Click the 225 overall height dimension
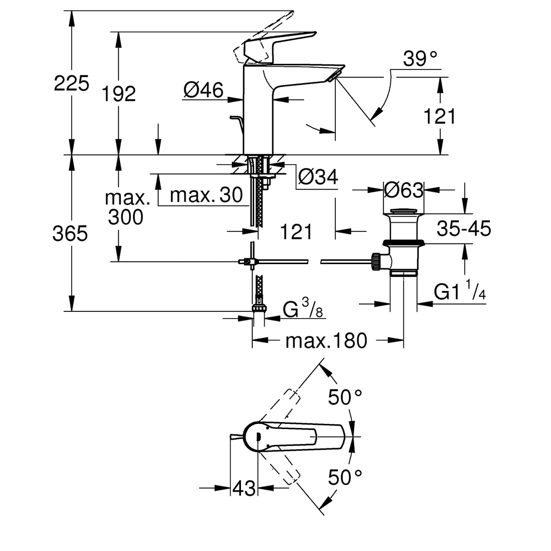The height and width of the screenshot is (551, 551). coord(71,84)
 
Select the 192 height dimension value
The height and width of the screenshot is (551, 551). coord(118,94)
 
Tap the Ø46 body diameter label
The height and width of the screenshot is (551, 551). coord(203,91)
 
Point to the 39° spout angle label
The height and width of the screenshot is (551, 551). coord(420,59)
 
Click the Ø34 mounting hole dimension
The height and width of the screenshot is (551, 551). coord(318,177)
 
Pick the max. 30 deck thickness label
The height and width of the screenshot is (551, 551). coord(207,195)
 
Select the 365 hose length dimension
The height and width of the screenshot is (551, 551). coord(70,234)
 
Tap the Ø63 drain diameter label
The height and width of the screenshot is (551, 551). coord(403,190)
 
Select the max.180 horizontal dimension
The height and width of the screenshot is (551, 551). coord(326,340)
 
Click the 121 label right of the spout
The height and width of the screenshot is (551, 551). coord(439,116)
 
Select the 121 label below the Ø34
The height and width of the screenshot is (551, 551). coord(296,232)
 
